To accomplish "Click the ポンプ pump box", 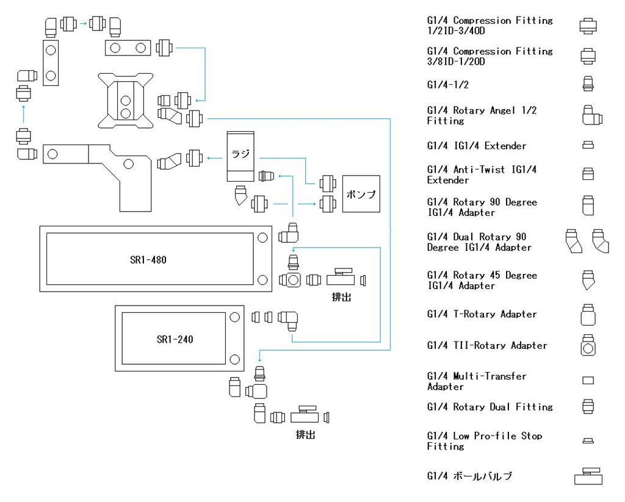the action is (361, 193).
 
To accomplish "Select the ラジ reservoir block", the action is (240, 157).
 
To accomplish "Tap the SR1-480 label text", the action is (148, 260).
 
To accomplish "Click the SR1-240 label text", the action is (175, 340).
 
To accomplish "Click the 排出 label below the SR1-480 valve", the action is (342, 297).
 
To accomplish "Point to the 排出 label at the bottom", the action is (305, 434).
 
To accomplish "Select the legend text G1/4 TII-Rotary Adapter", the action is (487, 345).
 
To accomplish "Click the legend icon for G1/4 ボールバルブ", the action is (588, 476).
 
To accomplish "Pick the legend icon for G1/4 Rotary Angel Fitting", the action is (592, 115).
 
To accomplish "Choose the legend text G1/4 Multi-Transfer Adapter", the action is (477, 381).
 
